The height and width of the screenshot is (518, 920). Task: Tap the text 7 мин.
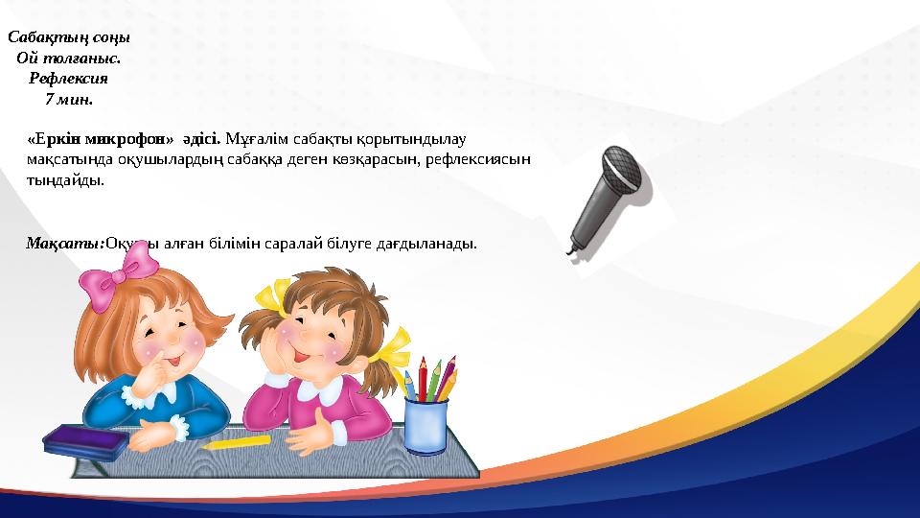pos(69,99)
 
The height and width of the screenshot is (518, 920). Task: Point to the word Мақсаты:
pos(65,244)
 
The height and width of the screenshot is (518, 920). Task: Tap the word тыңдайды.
pos(66,179)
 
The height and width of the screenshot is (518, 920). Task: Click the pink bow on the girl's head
pos(108,282)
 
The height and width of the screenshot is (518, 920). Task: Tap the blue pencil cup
pos(426,425)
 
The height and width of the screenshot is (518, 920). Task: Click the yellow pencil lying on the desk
pos(236,442)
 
